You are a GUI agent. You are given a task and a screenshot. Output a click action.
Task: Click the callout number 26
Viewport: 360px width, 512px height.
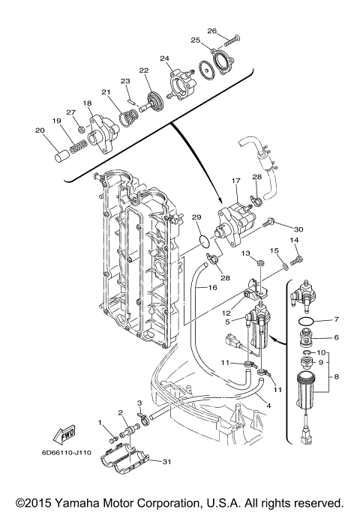point(211,31)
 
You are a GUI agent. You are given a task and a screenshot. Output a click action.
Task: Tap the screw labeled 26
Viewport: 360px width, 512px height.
point(232,40)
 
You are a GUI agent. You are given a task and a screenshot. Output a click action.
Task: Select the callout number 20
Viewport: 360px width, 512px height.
point(40,130)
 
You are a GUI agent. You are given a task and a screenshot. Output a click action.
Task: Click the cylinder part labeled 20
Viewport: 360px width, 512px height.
point(61,154)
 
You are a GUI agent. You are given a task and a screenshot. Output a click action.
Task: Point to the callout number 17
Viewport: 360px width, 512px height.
point(235,180)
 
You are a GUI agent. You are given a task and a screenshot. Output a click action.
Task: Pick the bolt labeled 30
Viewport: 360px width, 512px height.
point(271,223)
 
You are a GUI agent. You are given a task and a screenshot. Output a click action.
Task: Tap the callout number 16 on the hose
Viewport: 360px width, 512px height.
point(212,287)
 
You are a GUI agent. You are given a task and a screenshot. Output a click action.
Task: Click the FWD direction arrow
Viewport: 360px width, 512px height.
point(64,435)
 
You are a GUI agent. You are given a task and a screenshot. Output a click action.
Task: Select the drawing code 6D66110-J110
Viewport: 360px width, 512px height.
point(66,453)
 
